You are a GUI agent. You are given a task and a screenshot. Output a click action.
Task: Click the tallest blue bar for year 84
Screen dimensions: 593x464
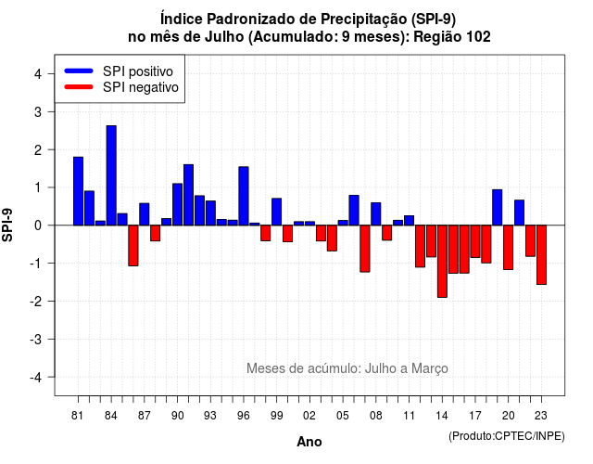tap(111, 175)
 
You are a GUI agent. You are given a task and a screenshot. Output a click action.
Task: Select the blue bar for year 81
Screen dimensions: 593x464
tap(78, 191)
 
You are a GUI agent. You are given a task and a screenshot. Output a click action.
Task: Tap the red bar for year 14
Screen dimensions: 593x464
tap(442, 262)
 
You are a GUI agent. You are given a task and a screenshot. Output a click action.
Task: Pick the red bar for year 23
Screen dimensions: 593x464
tap(541, 255)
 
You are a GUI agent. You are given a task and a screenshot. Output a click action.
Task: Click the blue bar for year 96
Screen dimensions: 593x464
tap(244, 196)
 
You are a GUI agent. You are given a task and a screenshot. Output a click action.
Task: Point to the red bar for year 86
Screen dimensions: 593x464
tap(133, 245)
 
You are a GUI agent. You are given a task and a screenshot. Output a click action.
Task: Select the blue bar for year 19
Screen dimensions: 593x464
tap(498, 208)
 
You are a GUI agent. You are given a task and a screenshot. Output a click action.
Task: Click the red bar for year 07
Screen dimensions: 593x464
tap(365, 249)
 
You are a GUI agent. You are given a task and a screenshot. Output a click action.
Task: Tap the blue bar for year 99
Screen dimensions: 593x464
tap(277, 212)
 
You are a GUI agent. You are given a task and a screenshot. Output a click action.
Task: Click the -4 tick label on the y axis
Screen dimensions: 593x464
tap(36, 377)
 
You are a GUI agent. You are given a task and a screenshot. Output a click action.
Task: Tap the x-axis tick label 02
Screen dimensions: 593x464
tap(309, 416)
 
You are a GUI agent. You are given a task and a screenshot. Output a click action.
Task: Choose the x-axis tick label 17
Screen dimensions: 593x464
tap(475, 416)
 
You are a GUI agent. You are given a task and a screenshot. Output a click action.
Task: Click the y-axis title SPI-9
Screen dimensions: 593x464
tap(7, 225)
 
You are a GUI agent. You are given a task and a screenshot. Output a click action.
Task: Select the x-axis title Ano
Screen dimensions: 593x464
tap(309, 442)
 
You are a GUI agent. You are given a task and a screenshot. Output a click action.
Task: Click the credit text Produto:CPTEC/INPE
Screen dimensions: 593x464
tap(507, 436)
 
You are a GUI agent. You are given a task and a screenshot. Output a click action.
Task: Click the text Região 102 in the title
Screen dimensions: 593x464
tap(452, 37)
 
